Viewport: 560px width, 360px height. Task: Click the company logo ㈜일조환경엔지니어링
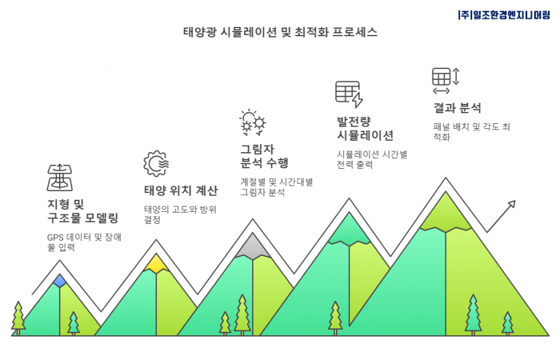[x=504, y=15]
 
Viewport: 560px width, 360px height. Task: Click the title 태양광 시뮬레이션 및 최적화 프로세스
[x=280, y=32]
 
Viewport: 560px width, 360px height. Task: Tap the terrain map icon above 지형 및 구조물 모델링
[x=60, y=178]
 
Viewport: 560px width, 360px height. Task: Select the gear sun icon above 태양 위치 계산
[x=156, y=164]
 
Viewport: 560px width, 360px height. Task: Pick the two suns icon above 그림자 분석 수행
[x=252, y=123]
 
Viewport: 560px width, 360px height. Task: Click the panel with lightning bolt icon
[x=349, y=95]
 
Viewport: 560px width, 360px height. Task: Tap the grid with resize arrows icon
[x=445, y=80]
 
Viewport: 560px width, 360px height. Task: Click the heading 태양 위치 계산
[x=180, y=190]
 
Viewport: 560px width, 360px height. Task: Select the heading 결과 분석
[x=457, y=108]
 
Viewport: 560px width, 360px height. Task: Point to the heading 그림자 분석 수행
[x=264, y=156]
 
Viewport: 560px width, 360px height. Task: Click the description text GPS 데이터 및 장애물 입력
[x=85, y=242]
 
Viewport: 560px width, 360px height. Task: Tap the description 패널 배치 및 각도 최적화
[x=471, y=132]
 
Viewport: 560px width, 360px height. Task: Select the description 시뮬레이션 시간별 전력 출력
[x=372, y=160]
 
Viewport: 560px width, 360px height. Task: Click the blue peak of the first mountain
[x=60, y=281]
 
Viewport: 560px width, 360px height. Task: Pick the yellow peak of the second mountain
[x=156, y=263]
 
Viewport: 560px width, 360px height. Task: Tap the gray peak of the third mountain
[x=252, y=247]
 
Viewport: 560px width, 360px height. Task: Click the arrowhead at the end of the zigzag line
[x=512, y=204]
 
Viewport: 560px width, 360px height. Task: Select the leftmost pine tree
[x=18, y=318]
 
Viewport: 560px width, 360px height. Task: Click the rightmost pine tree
[x=508, y=323]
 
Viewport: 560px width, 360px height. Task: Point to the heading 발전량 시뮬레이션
[x=365, y=129]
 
